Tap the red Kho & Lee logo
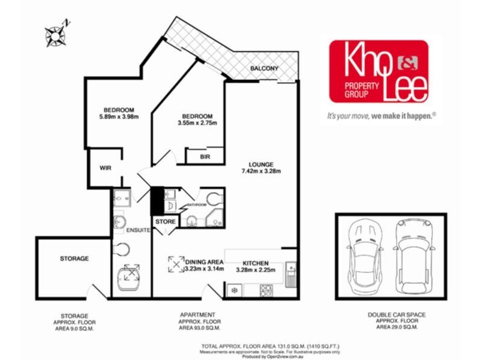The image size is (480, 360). tap(378, 71)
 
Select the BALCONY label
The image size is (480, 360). tap(264, 69)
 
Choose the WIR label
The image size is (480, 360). tap(105, 168)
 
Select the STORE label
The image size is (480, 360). tap(166, 222)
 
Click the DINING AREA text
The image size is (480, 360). tap(204, 262)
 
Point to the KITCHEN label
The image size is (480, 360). tap(255, 263)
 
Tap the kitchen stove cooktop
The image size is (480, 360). tap(266, 290)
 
